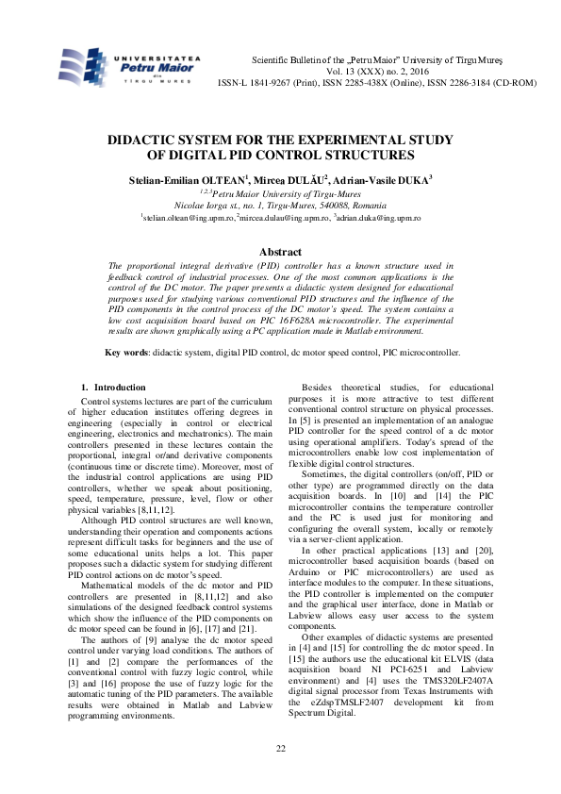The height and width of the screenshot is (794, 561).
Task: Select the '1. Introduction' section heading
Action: [x=113, y=388]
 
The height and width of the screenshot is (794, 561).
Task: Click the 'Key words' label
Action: [x=126, y=353]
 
